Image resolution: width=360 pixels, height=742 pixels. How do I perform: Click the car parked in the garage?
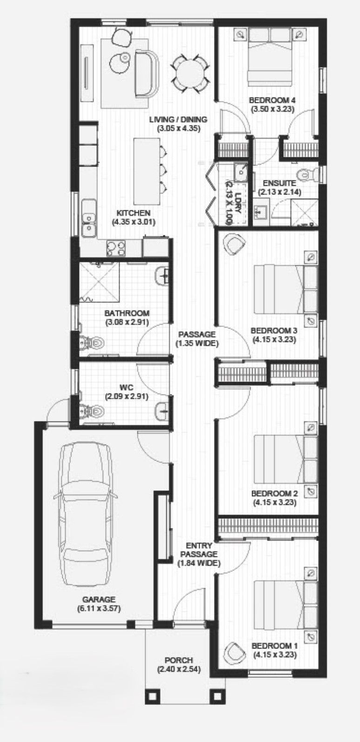(x=87, y=516)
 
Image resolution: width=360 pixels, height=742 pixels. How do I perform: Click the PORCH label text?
(x=179, y=660)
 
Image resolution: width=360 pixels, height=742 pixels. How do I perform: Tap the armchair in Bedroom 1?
(x=235, y=653)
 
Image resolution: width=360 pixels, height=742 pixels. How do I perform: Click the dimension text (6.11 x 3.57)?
(x=99, y=608)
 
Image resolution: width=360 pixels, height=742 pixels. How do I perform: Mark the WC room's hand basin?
(x=163, y=409)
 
